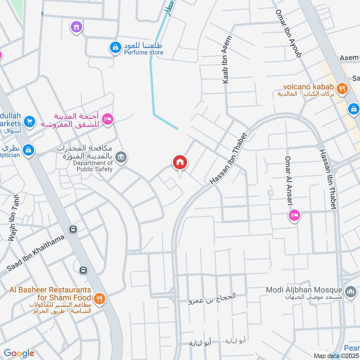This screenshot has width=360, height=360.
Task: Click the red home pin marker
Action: pyautogui.click(x=180, y=162)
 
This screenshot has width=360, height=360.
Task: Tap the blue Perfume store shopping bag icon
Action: pyautogui.click(x=116, y=47)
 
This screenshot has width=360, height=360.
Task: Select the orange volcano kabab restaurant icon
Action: pyautogui.click(x=342, y=89)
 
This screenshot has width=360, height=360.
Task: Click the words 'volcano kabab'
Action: pyautogui.click(x=308, y=86)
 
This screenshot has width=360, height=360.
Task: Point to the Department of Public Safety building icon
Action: pyautogui.click(x=121, y=157)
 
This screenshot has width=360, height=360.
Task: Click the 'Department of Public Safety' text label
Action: pyautogui.click(x=93, y=166)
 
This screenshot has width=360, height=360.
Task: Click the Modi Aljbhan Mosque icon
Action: pyautogui.click(x=350, y=293)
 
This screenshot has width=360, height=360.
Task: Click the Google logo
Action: pyautogui.click(x=19, y=353)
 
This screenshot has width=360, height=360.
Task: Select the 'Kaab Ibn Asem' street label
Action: pyautogui.click(x=226, y=60)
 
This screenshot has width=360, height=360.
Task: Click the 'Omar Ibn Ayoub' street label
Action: pyautogui.click(x=288, y=32)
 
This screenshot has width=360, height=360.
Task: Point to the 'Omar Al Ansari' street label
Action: pyautogui.click(x=288, y=180)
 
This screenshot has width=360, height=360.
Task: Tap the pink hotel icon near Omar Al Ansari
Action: pyautogui.click(x=295, y=216)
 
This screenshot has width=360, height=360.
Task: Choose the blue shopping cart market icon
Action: pyautogui.click(x=29, y=121)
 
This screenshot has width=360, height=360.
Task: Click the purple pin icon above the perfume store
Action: pyautogui.click(x=76, y=27)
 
